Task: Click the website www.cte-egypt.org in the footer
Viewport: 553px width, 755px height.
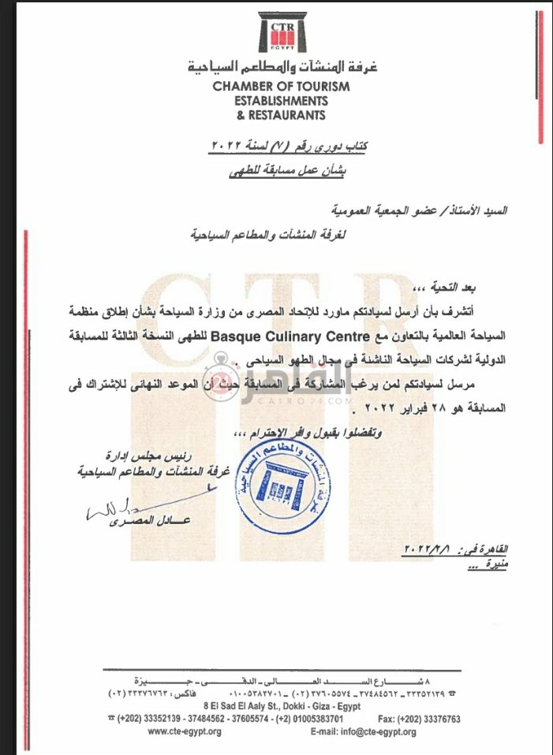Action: point(185,731)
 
